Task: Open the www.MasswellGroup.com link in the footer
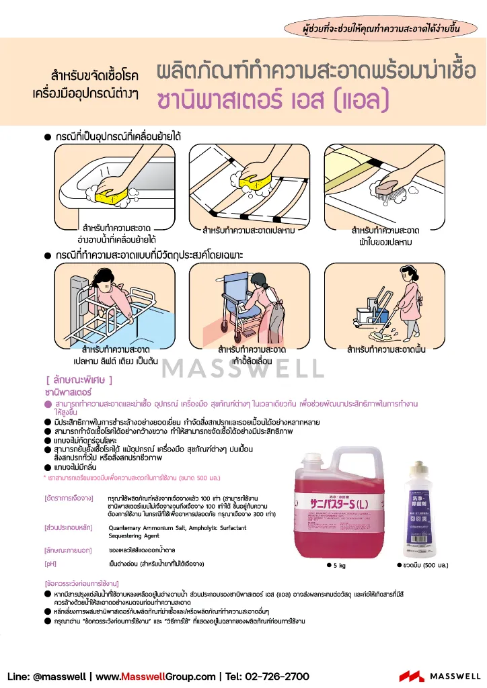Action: tap(159, 676)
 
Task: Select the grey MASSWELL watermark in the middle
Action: tap(243, 368)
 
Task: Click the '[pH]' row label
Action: tap(51, 563)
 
